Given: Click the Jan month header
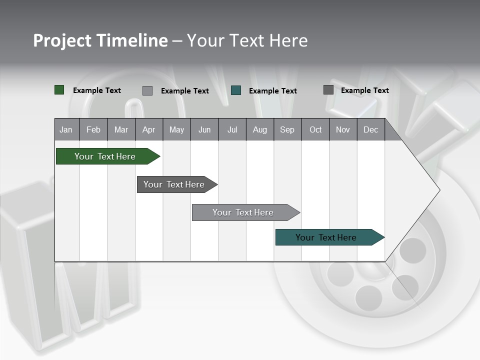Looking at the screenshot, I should tap(66, 129).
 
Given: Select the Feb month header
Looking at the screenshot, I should tap(93, 129).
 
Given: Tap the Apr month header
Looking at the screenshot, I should tap(149, 129).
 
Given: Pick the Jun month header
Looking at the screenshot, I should tap(204, 129).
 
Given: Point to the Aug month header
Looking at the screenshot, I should tap(260, 129).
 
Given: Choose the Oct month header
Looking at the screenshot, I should tap(315, 129).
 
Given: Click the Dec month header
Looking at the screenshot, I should tap(371, 129).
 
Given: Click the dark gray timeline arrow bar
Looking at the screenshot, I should tap(175, 184).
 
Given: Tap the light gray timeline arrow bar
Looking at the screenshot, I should tap(244, 212).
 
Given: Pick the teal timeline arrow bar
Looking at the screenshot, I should tap(327, 237).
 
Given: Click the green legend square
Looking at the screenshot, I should tap(59, 90).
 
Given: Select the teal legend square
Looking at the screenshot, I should tap(236, 90).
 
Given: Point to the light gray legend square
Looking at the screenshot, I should tap(147, 90).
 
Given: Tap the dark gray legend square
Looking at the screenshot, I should tap(328, 90).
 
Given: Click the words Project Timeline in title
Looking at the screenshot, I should tap(100, 40).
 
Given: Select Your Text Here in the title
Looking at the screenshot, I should tap(247, 40).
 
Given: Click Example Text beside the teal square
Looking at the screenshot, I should tap(272, 91).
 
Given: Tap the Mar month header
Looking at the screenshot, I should tap(121, 129).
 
